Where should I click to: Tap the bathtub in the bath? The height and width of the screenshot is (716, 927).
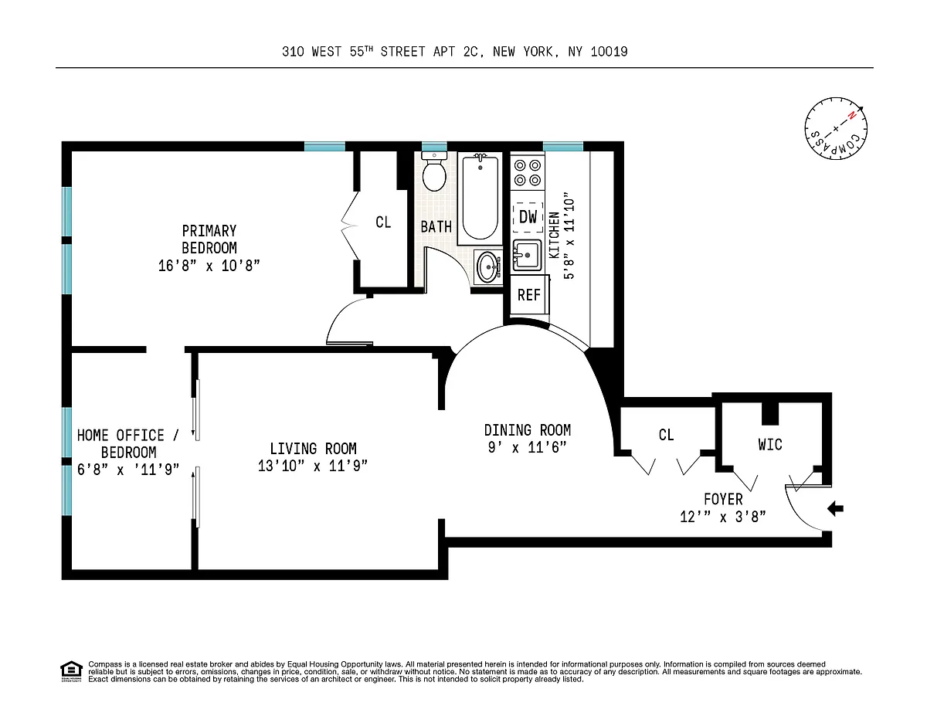point(480,198)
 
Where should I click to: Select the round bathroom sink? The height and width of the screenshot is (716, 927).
point(487,267)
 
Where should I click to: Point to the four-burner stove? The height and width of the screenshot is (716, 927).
point(528,172)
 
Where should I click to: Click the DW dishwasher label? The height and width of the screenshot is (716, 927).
point(528,217)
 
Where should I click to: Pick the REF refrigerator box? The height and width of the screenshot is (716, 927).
point(529,294)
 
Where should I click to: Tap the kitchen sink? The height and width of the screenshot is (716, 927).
point(527,255)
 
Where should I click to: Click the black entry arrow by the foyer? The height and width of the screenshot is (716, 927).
point(835,509)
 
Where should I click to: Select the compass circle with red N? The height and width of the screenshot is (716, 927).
point(836,128)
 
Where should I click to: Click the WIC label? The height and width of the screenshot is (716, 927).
point(770,445)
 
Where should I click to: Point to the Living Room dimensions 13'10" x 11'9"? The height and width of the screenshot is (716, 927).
point(313,466)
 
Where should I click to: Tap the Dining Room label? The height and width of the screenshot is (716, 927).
point(528,430)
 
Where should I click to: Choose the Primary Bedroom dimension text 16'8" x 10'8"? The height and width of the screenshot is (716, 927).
point(209,266)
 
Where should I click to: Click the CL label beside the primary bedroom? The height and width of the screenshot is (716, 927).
point(383,222)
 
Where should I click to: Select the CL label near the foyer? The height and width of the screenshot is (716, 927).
point(666,435)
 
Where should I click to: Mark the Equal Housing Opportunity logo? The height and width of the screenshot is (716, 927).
point(71,672)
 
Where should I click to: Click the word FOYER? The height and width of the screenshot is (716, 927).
point(723,499)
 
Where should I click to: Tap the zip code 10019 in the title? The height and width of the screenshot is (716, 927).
point(609,52)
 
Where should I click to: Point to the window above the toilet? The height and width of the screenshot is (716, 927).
point(434,146)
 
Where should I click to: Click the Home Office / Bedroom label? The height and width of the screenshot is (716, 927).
point(128,443)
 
